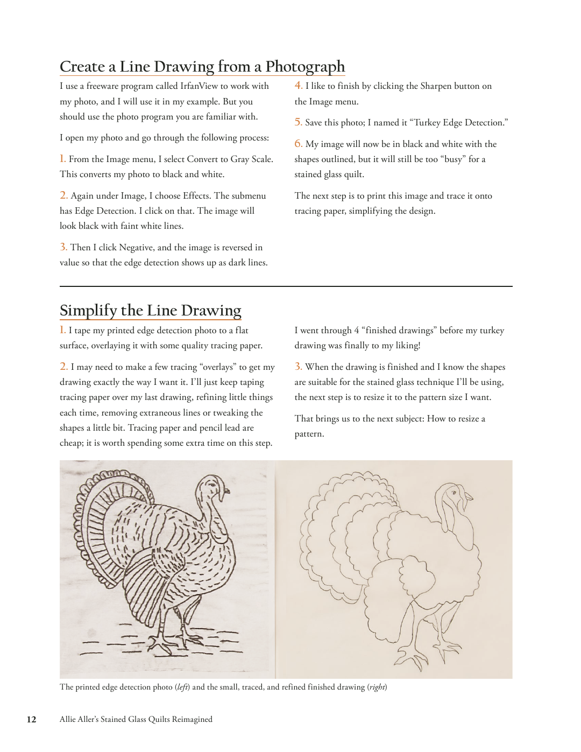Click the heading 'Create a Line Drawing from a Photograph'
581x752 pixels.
(x=202, y=67)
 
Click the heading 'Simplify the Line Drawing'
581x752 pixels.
(x=150, y=311)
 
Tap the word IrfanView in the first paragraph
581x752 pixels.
(x=199, y=86)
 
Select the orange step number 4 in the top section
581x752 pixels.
(x=298, y=86)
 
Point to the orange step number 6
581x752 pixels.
(x=298, y=144)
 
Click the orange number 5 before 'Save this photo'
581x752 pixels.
(x=298, y=122)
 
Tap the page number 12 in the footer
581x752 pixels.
(x=32, y=720)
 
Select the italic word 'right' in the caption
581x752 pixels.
(x=377, y=687)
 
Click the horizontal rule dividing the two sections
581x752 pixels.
(x=286, y=286)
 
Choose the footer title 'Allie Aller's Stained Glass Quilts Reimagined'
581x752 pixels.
(x=136, y=720)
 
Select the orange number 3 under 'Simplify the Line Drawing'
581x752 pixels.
(x=298, y=367)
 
